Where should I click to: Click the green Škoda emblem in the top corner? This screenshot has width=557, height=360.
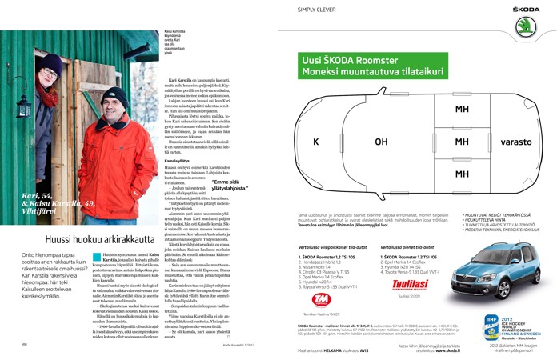(524, 25)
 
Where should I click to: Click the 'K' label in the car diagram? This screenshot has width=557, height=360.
(315, 142)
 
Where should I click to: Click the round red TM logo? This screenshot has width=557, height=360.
(320, 300)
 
